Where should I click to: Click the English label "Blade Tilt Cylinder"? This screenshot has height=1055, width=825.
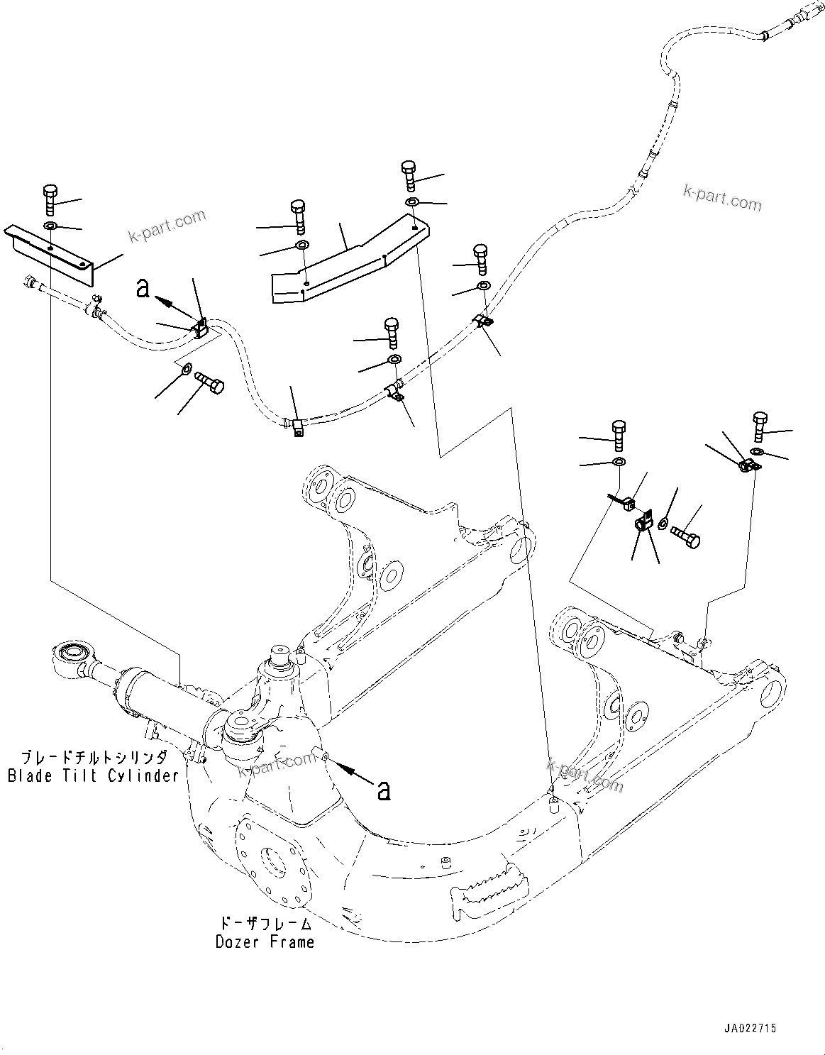pyautogui.click(x=93, y=775)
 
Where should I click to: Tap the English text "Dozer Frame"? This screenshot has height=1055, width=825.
pyautogui.click(x=265, y=942)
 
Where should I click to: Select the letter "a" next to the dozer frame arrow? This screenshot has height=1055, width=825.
pyautogui.click(x=384, y=789)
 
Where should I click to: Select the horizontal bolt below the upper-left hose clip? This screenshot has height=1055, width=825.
pyautogui.click(x=208, y=382)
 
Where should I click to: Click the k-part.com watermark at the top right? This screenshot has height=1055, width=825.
pyautogui.click(x=721, y=199)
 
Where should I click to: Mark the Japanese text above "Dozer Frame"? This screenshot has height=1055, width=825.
pyautogui.click(x=265, y=924)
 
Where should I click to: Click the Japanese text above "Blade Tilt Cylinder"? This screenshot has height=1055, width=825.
pyautogui.click(x=93, y=757)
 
